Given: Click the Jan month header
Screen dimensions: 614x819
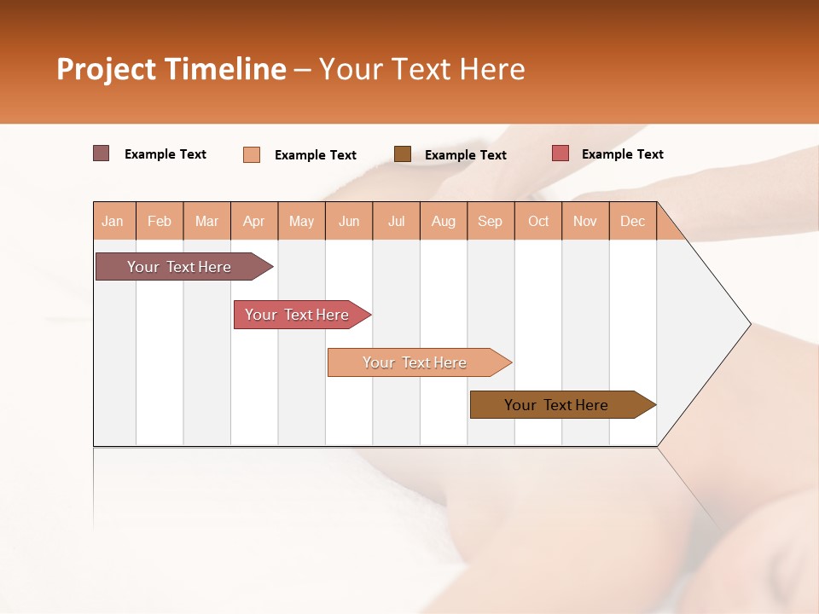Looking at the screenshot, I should point(113,221).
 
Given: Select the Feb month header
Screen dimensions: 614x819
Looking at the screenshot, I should point(160,221).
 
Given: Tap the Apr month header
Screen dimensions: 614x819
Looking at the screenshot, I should point(254,221).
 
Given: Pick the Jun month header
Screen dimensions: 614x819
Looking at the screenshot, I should point(349,221).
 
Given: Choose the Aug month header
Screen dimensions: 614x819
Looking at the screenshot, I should point(444,221).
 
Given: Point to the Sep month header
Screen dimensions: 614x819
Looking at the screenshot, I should point(491,221).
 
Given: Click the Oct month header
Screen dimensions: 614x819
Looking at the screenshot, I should point(538,221).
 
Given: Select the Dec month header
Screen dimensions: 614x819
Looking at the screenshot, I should point(633,221).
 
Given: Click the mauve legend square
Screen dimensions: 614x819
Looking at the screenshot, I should point(102,153).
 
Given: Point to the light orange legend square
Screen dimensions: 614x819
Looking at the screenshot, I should point(252,154).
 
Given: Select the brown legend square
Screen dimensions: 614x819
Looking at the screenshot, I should point(403,154).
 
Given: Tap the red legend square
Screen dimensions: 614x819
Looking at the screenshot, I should point(561,153).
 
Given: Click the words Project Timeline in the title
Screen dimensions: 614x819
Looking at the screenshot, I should point(171,69).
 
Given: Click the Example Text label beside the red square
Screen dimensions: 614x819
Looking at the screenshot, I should point(622,154).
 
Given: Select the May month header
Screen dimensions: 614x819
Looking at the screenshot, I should point(301,221).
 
